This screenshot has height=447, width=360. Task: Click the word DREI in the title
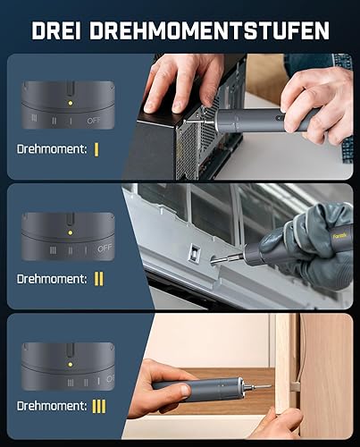[56, 30]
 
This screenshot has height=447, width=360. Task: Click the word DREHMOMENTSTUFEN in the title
[210, 30]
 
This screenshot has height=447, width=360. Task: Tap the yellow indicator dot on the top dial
[71, 103]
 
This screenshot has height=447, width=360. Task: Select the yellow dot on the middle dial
[71, 232]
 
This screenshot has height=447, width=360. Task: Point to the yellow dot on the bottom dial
[71, 365]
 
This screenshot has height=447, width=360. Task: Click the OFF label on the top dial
[94, 121]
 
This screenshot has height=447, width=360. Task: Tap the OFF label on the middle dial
[105, 249]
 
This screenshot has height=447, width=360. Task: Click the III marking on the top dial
[34, 118]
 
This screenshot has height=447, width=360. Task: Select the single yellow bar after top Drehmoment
[96, 149]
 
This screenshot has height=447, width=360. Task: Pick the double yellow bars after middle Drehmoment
[99, 279]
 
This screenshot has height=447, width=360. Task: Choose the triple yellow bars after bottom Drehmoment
[99, 406]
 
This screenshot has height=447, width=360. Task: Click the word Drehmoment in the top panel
[52, 149]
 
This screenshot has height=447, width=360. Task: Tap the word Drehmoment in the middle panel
[52, 279]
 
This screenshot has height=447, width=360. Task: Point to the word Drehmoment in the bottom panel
[52, 406]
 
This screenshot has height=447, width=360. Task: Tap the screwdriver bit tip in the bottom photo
[270, 386]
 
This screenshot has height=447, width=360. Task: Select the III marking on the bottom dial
[71, 383]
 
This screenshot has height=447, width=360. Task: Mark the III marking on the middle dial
[53, 250]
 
